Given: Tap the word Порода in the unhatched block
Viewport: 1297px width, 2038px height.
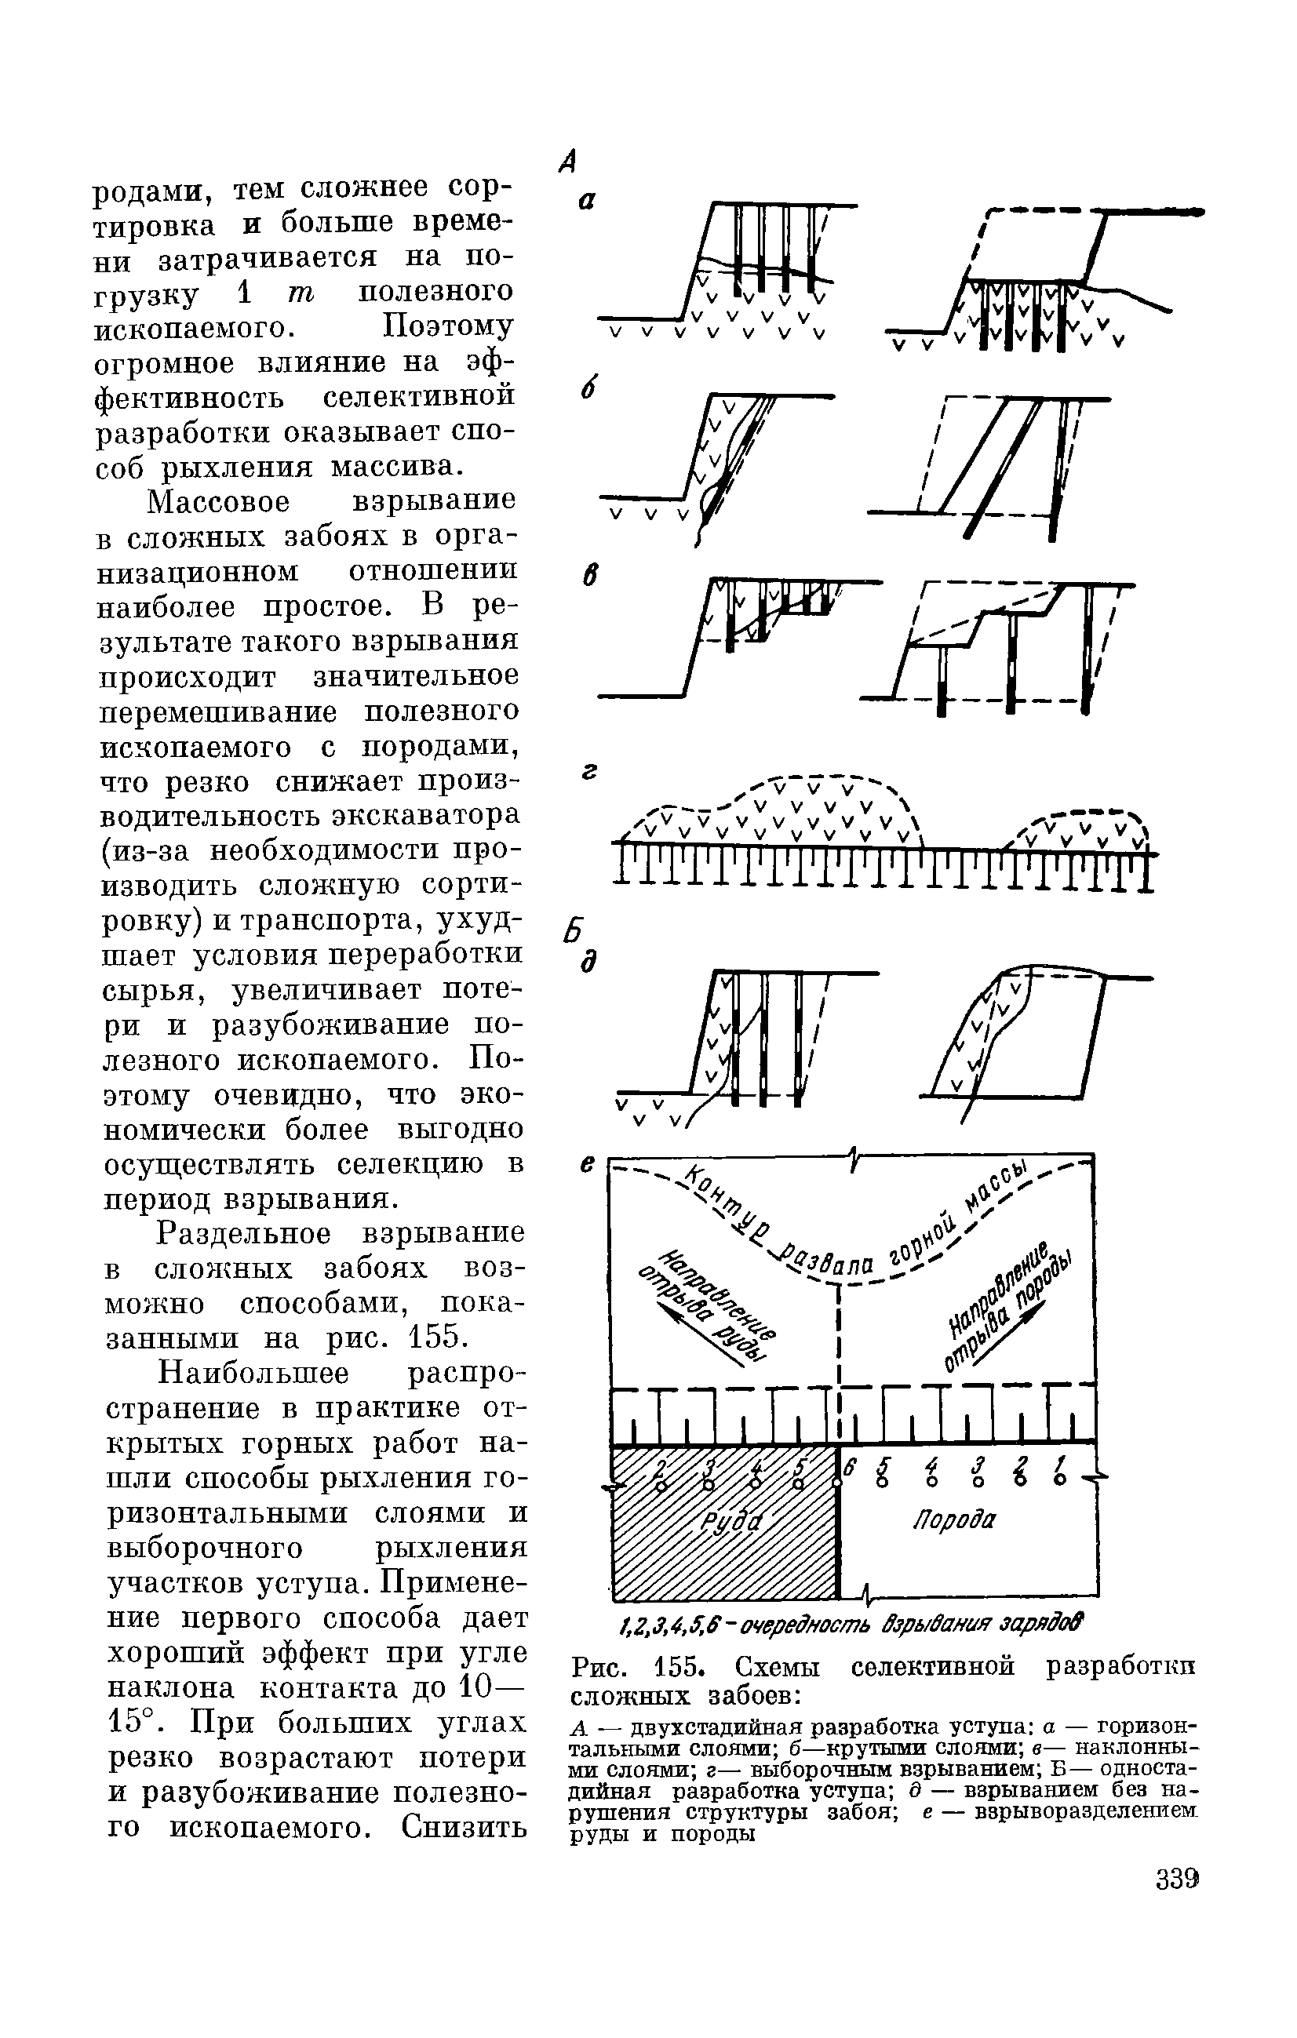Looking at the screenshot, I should click(x=954, y=1520).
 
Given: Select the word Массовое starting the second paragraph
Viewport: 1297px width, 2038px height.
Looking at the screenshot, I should click(x=218, y=502).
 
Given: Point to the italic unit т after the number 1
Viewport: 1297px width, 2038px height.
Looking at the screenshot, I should click(x=301, y=293).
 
